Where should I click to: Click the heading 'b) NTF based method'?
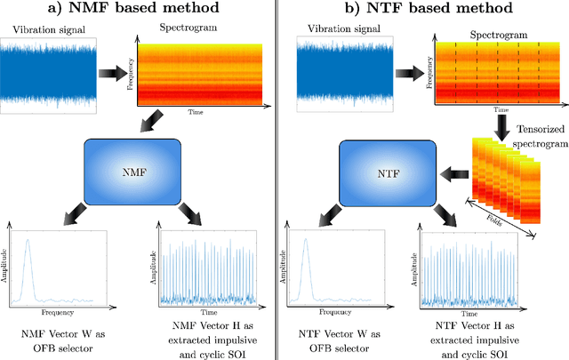point(428,10)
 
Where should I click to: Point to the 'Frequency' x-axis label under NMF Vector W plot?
point(55,313)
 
